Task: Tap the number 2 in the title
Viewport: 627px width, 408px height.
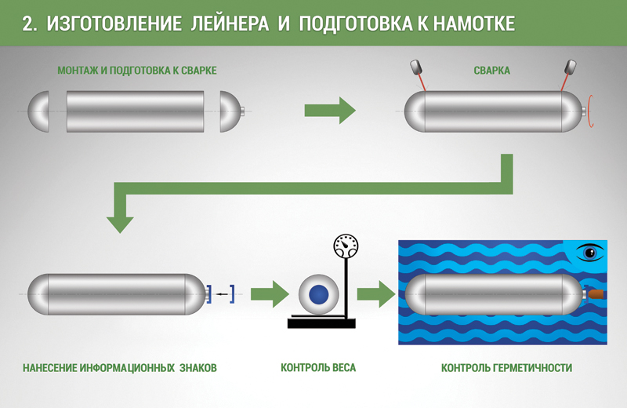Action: click(x=27, y=24)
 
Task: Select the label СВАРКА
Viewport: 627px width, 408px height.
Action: click(x=492, y=71)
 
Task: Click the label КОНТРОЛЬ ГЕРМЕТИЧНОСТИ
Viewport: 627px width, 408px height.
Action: click(x=506, y=367)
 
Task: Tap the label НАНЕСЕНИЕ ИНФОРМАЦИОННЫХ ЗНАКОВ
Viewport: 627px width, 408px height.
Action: click(x=119, y=367)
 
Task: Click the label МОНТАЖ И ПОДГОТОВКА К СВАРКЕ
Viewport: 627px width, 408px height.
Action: click(x=136, y=71)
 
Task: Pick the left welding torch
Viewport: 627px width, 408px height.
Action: click(x=416, y=68)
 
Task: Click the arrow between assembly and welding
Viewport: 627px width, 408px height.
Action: click(x=329, y=111)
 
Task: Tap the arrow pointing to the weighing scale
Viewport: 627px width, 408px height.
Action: click(x=269, y=294)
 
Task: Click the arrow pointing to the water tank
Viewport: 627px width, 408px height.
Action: click(x=375, y=294)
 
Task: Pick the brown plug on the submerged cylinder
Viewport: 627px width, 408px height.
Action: click(x=596, y=293)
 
